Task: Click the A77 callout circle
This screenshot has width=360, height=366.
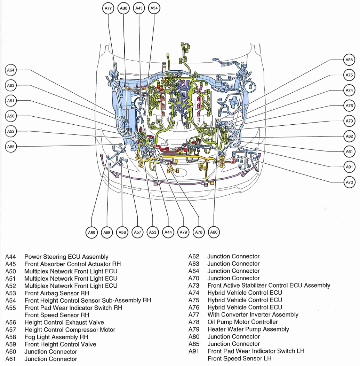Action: tap(108, 8)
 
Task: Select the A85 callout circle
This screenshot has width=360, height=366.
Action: tap(349, 60)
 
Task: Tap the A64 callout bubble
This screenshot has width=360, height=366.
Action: tap(11, 70)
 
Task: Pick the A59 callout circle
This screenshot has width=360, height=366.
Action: tap(91, 232)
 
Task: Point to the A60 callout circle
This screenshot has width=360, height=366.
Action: tap(214, 232)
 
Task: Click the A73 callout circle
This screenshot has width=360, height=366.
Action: tap(349, 182)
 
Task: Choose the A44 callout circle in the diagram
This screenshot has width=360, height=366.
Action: tap(168, 232)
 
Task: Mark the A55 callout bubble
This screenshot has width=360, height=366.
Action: tap(11, 147)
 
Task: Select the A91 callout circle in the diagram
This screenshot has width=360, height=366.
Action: tap(349, 167)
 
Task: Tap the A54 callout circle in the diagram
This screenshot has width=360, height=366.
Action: tap(154, 8)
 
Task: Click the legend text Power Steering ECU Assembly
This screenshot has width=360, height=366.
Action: tap(66, 257)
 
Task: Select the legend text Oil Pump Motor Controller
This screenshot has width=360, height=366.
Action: tap(242, 322)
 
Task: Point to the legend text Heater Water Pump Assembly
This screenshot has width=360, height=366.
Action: tap(248, 329)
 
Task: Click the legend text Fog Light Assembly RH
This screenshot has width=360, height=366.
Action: tap(56, 337)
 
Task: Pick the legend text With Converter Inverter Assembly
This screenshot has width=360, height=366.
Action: tap(253, 315)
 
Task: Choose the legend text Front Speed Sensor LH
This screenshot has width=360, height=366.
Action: tap(239, 359)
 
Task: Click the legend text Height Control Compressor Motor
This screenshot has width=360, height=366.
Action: tap(70, 330)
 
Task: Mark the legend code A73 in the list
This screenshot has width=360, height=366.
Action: tap(194, 286)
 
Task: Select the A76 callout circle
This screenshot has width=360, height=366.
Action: tap(349, 106)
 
